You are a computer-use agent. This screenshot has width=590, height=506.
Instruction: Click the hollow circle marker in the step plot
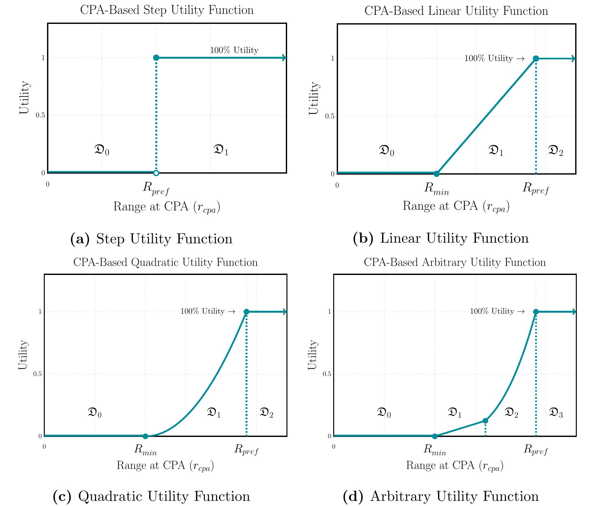(x=156, y=173)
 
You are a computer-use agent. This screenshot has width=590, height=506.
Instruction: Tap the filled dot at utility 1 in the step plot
(x=156, y=58)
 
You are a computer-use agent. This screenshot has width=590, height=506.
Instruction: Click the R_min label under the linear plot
(x=436, y=189)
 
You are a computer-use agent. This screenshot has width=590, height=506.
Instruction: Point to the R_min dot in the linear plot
(x=436, y=174)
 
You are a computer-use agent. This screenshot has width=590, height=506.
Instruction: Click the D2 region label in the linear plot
(x=556, y=151)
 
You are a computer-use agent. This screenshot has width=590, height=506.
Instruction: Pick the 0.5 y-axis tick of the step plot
(x=40, y=116)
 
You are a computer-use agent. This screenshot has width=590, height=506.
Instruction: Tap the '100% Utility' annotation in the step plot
(x=234, y=50)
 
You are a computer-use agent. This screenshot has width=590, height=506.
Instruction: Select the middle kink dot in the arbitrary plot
(x=485, y=420)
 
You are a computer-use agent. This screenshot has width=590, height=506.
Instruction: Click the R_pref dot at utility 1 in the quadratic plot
(x=247, y=312)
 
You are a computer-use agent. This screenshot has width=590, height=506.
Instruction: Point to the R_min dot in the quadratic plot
(x=145, y=436)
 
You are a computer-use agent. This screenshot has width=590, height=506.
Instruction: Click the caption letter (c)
(x=62, y=496)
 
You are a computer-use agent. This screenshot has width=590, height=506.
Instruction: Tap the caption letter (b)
(x=363, y=238)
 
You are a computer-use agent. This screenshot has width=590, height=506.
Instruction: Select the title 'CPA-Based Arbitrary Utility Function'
(x=455, y=262)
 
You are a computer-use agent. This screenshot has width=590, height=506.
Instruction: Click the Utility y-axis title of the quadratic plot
(x=23, y=355)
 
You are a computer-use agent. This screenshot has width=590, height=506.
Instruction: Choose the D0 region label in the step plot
(x=102, y=150)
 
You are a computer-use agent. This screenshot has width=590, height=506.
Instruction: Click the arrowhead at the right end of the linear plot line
(x=573, y=58)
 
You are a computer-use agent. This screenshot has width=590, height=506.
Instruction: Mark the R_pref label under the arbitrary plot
(x=536, y=450)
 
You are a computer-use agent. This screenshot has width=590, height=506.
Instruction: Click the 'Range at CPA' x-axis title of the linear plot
(x=456, y=207)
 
